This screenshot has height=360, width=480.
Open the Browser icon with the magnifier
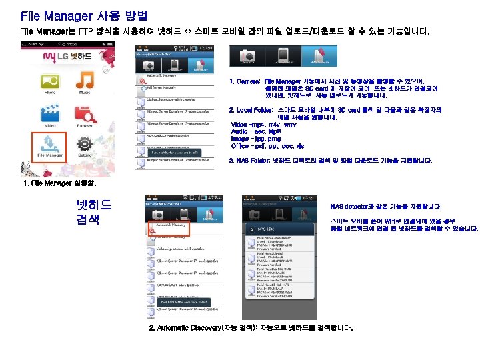(85, 116)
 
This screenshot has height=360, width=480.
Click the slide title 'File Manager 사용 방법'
(84, 15)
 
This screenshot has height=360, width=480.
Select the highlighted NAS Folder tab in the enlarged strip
(318, 57)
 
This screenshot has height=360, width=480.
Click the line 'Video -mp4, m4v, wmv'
(263, 125)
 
